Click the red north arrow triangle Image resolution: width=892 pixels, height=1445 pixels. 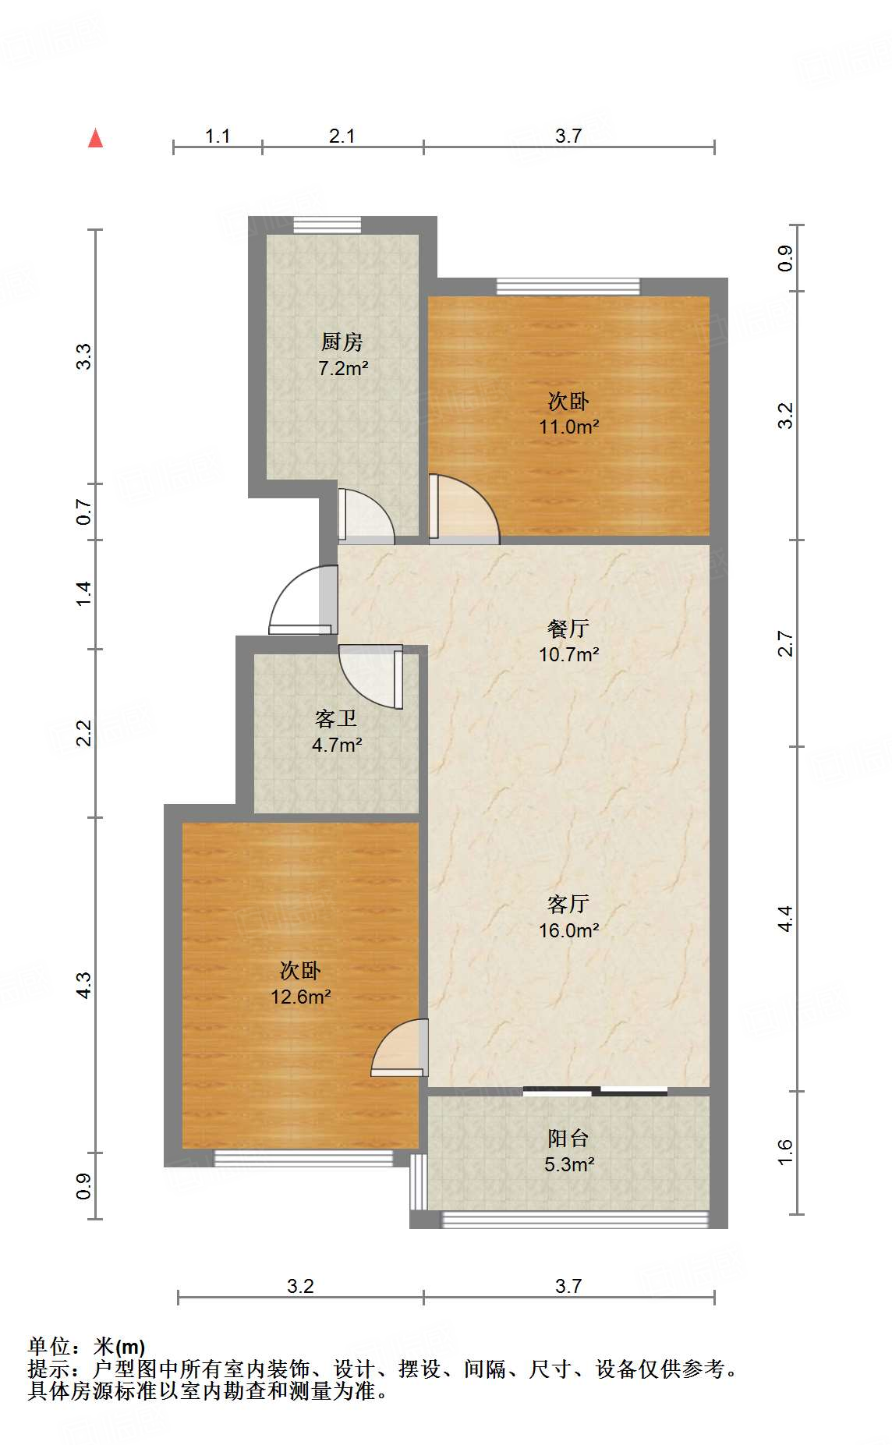pos(95,139)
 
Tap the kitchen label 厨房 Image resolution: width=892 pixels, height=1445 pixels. pos(342,342)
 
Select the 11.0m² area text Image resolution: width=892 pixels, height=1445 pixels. pos(568,427)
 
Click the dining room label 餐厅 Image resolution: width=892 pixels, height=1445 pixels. pos(568,629)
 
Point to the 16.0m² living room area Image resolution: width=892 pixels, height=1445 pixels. pos(568,930)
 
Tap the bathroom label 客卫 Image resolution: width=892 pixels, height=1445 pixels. pos(336,718)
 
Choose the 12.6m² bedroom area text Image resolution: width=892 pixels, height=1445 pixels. pos(300,997)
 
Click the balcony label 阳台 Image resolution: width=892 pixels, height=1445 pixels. pos(568,1139)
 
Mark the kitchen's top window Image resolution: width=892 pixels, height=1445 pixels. pos(327,225)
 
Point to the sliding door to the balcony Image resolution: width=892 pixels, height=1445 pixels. pos(595,1091)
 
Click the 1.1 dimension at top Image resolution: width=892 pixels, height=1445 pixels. pos(218,136)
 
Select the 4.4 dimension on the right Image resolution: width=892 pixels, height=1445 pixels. pos(786,918)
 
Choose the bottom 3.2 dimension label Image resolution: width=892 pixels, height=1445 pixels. pos(300,1286)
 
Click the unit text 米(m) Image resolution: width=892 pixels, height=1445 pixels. pos(119,1347)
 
